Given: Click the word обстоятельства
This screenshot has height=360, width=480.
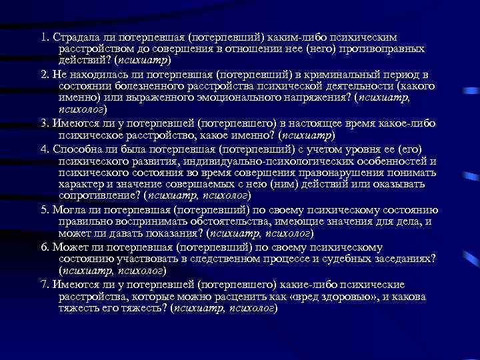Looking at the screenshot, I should pos(221,221).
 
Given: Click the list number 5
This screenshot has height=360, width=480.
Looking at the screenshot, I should pos(43,209).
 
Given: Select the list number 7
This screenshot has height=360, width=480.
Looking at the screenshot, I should pos(43,285).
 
